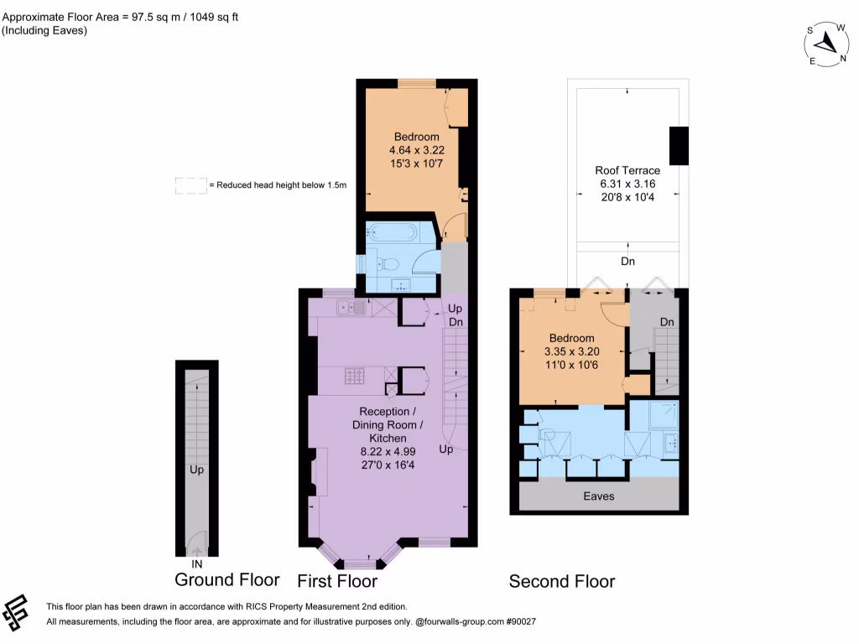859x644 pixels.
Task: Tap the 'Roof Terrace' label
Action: tap(627, 170)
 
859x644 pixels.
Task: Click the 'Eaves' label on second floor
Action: tap(599, 496)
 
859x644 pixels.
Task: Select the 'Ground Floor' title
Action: tap(226, 579)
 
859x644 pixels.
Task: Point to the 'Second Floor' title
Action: tap(562, 581)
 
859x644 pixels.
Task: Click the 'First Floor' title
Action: tap(337, 581)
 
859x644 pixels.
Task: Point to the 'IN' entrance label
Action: tap(197, 563)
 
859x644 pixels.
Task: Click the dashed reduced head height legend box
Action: tap(190, 185)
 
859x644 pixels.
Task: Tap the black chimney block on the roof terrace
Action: tap(678, 145)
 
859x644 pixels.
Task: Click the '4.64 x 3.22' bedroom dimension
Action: tap(417, 150)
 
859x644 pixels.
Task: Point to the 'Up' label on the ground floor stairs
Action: tap(196, 470)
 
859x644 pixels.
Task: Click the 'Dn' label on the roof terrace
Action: tap(627, 262)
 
